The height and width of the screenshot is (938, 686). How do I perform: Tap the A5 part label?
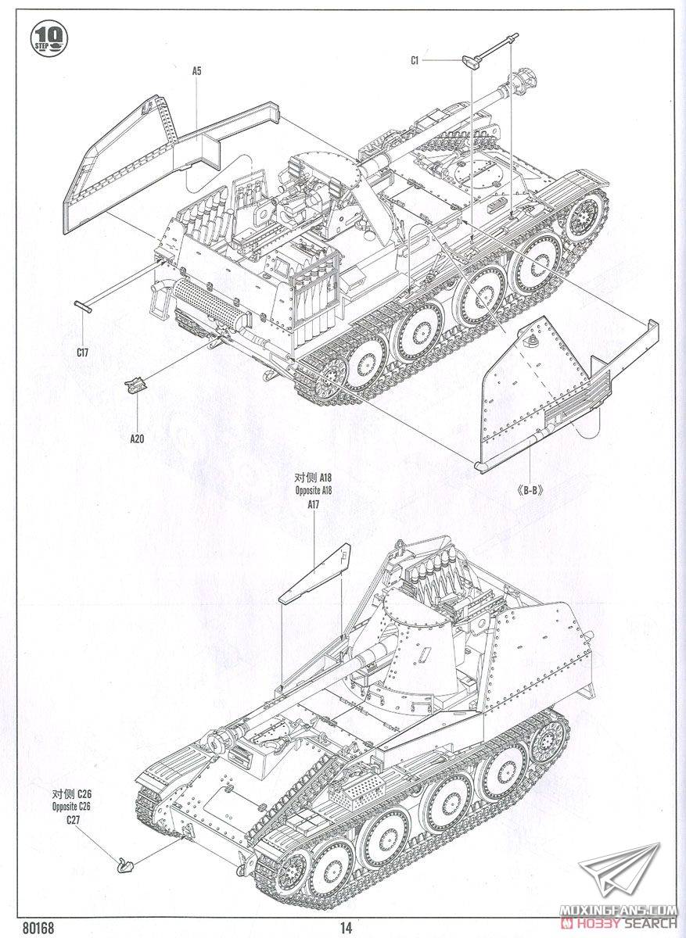click(196, 71)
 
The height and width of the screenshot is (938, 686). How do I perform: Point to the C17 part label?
click(84, 353)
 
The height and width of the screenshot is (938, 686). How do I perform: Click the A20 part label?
click(137, 439)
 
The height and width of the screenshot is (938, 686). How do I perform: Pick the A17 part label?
click(314, 505)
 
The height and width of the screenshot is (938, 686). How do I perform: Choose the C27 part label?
click(73, 819)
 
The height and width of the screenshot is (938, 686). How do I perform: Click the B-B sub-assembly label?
click(530, 491)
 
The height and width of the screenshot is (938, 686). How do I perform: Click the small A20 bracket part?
click(136, 385)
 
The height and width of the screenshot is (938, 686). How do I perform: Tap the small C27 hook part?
click(124, 864)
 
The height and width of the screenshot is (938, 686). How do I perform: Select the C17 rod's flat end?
click(84, 305)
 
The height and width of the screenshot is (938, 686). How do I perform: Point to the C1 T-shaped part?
click(477, 61)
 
